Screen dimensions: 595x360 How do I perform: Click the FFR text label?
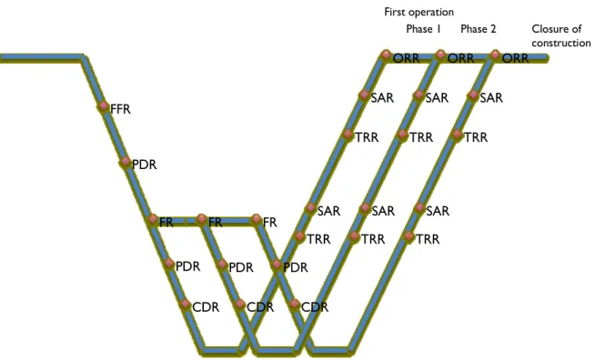[x=120, y=109]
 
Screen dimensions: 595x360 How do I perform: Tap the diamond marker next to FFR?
[x=103, y=106]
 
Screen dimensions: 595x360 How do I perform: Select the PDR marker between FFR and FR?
[x=126, y=163]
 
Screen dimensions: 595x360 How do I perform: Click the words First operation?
[x=419, y=12]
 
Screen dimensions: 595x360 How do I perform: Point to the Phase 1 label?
[x=423, y=29]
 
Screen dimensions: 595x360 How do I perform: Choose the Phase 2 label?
[x=479, y=29]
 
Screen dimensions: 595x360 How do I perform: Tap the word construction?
[x=561, y=43]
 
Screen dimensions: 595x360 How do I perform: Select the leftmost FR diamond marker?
[x=153, y=219]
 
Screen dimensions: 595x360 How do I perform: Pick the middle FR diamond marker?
[x=202, y=219]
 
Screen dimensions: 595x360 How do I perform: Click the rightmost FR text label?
[x=270, y=223]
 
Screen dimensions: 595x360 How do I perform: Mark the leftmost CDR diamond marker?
[x=186, y=304]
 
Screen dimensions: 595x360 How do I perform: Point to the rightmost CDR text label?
[x=315, y=307]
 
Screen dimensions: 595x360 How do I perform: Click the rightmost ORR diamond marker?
[x=495, y=55]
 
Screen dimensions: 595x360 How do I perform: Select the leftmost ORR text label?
[x=407, y=58]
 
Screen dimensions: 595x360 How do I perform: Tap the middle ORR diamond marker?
[x=440, y=55]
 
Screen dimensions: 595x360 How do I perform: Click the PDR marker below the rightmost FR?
[x=277, y=265]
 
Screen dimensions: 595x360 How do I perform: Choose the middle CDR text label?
[x=260, y=307]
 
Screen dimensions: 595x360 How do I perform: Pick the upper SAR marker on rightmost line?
[x=473, y=95]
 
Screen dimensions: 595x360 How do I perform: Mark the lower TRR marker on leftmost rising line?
[x=300, y=236]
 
